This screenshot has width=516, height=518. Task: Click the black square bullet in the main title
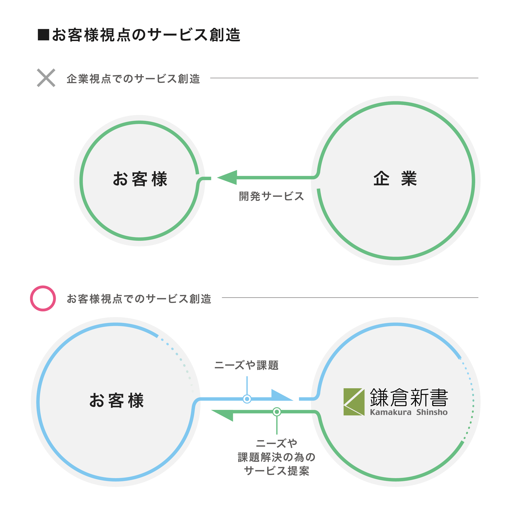click(43, 35)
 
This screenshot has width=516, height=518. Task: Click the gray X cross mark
click(46, 78)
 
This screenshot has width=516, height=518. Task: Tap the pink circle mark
click(43, 298)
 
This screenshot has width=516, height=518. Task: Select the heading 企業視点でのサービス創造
click(133, 79)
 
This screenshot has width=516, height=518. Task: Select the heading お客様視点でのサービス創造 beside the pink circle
click(139, 299)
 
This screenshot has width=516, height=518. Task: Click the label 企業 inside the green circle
click(395, 179)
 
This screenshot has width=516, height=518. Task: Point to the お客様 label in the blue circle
click(116, 401)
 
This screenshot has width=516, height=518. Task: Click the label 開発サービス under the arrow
click(271, 196)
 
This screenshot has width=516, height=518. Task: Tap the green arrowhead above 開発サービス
click(227, 178)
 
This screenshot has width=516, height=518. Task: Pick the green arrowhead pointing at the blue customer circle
click(222, 416)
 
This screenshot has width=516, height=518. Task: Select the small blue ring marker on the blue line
click(247, 399)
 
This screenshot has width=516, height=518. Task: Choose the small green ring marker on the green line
click(277, 412)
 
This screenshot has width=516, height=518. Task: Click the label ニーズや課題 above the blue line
click(247, 365)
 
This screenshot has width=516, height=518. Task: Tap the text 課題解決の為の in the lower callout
click(276, 457)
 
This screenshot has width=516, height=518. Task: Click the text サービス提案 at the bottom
click(276, 471)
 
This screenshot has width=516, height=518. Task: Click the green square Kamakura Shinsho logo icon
click(354, 402)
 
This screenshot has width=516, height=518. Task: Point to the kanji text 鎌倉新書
click(409, 398)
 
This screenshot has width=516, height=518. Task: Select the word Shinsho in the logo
click(432, 412)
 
